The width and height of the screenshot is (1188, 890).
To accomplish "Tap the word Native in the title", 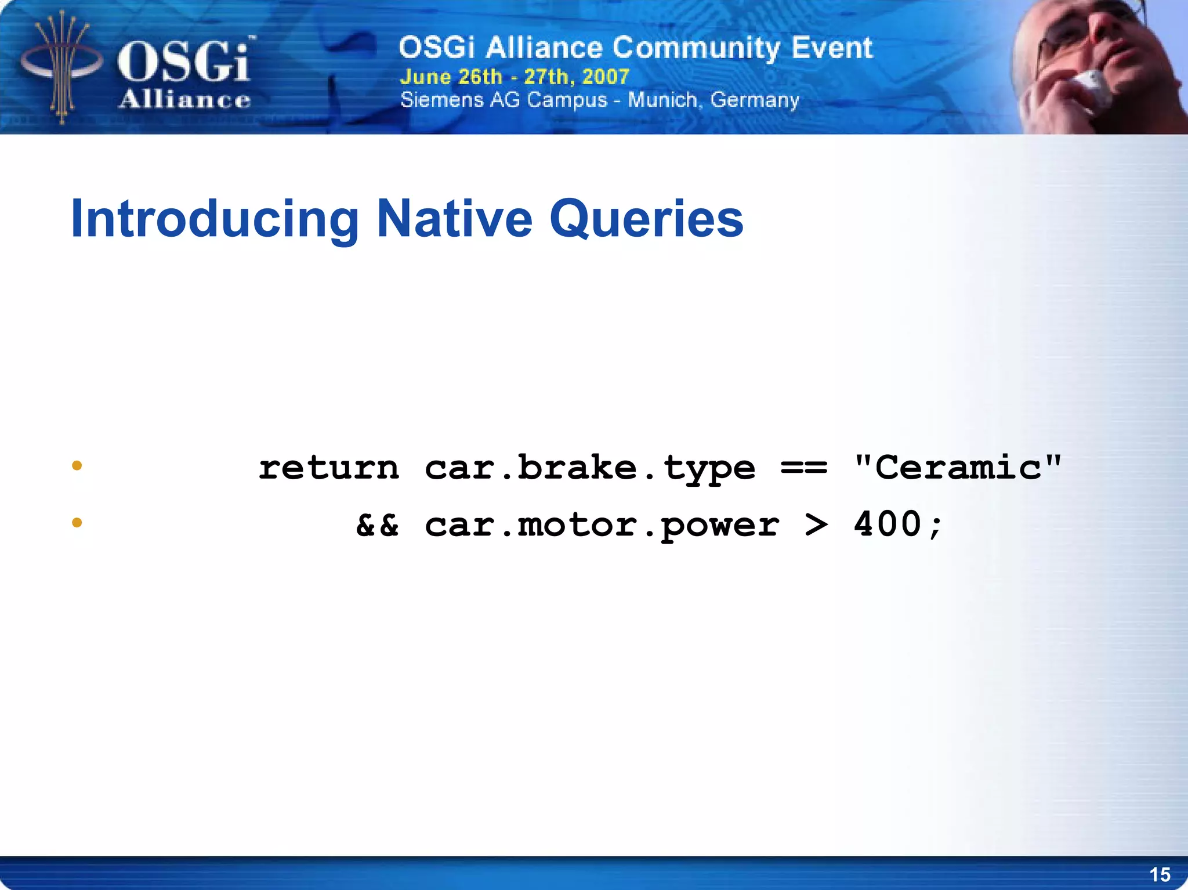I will pyautogui.click(x=454, y=218).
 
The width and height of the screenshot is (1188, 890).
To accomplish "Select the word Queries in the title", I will pyautogui.click(x=646, y=219).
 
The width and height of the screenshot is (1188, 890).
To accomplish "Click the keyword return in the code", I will pyautogui.click(x=329, y=468).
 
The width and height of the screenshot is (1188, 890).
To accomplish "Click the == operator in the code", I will pyautogui.click(x=803, y=468).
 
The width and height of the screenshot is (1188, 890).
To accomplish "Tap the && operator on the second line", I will pyautogui.click(x=377, y=525).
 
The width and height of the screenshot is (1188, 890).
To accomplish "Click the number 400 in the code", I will pyautogui.click(x=888, y=524).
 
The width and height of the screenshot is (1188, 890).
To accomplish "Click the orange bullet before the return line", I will pyautogui.click(x=77, y=465).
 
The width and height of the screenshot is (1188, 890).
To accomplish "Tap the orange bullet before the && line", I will pyautogui.click(x=77, y=523).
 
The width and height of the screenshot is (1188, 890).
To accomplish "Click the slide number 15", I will pyautogui.click(x=1160, y=874).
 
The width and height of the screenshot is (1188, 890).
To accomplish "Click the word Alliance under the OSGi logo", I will pyautogui.click(x=184, y=100).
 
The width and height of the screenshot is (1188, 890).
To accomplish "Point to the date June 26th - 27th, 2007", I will pyautogui.click(x=514, y=77).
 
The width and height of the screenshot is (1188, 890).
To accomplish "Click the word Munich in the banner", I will pyautogui.click(x=662, y=100).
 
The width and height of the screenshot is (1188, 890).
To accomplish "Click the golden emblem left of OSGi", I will pyautogui.click(x=61, y=67).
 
